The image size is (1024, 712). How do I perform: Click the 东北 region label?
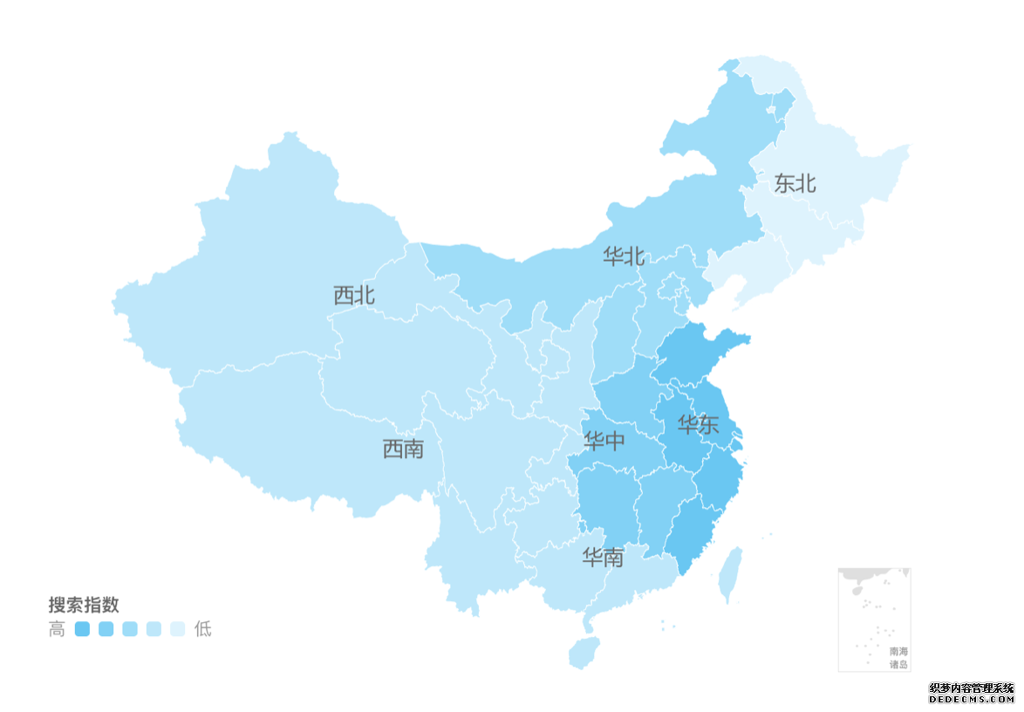[x=795, y=183]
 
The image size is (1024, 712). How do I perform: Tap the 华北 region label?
[x=624, y=257]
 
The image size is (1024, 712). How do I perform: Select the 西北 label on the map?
[x=354, y=295]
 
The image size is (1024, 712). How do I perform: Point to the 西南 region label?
[x=403, y=449]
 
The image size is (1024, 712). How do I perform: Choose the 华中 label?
[x=604, y=442]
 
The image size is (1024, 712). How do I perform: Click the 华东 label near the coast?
[x=699, y=426]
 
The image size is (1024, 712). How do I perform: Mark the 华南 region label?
[x=604, y=558]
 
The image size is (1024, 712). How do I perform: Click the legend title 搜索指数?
[x=84, y=605]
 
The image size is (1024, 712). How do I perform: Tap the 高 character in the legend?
[x=57, y=629]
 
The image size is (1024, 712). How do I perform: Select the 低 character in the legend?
[x=202, y=629]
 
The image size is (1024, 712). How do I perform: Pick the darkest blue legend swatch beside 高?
[x=83, y=629]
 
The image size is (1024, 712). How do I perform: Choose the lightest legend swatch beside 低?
[x=177, y=629]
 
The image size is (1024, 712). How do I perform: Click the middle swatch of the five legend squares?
[x=130, y=629]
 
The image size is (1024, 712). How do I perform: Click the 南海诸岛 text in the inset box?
[x=898, y=658]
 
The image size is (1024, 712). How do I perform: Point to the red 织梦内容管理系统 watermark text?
[x=972, y=688]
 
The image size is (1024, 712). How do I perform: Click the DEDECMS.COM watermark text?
[x=972, y=699]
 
